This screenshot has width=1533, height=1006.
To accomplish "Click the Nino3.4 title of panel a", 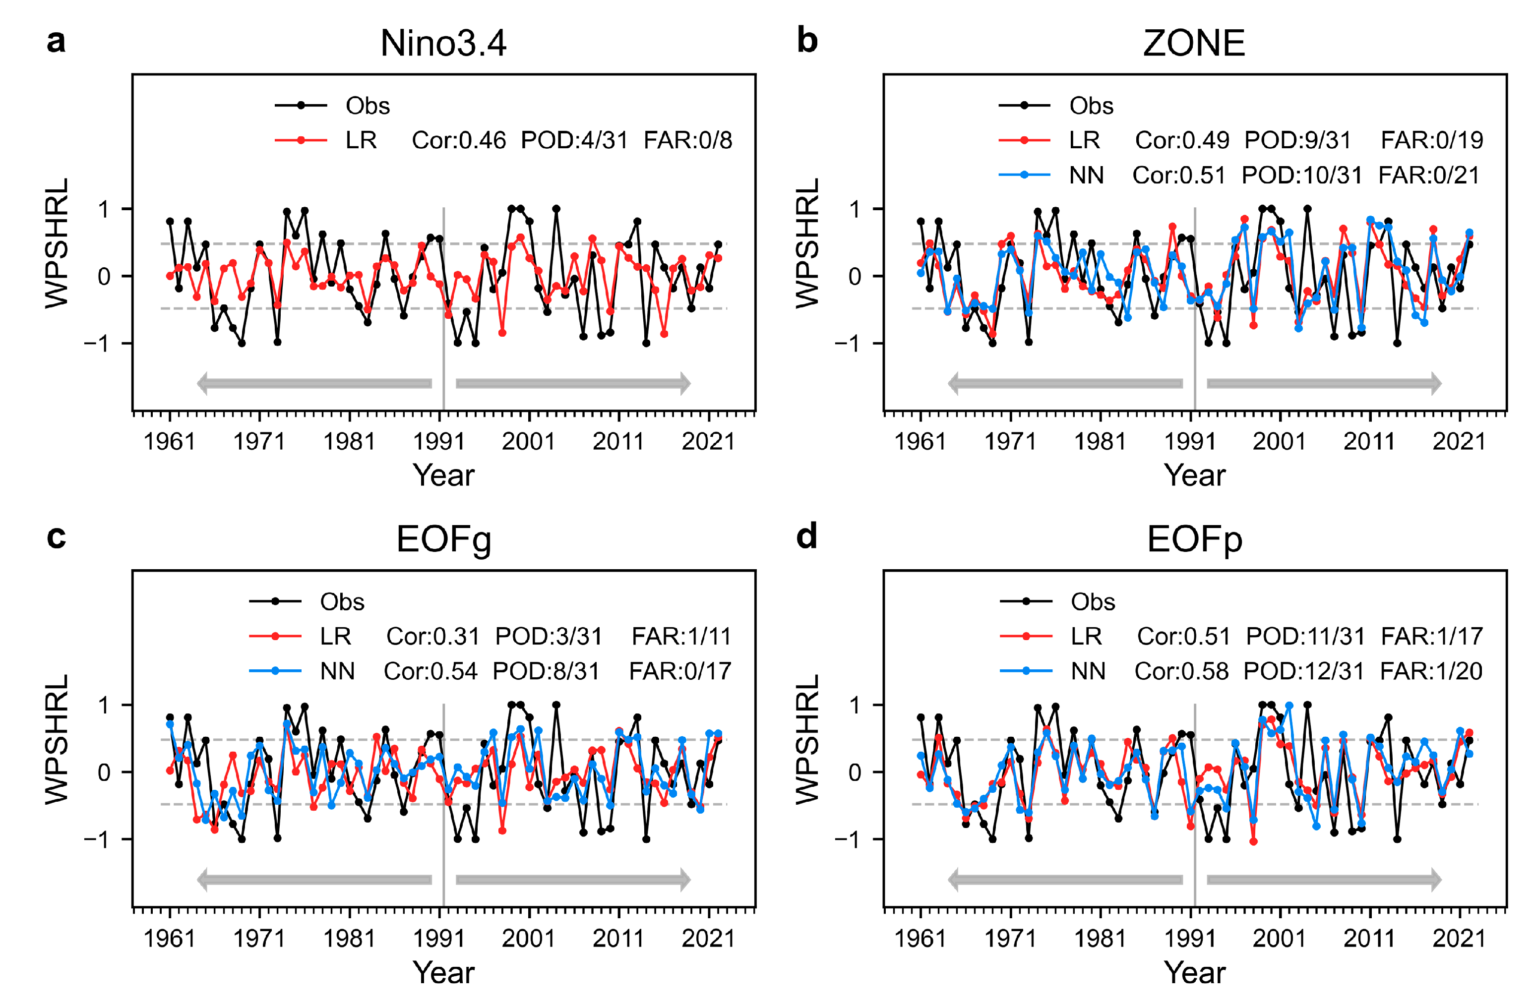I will coord(443,44).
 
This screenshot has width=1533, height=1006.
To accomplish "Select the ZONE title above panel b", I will coord(1194,44).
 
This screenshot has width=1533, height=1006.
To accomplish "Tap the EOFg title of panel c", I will coord(443,540).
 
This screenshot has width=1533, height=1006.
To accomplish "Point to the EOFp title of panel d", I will coord(1194,540).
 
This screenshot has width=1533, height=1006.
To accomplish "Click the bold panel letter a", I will coord(56,41).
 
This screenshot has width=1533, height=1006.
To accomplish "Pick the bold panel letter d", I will coord(806,536).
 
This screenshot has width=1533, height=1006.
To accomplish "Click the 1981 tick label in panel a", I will coord(349,442).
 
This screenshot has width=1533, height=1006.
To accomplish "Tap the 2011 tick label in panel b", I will coord(1369,442).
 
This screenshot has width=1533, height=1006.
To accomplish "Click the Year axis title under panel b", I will coord(1194,475).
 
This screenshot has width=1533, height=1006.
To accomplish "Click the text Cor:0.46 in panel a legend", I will coord(459,140).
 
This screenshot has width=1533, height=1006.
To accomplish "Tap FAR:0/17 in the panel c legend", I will coord(680,671).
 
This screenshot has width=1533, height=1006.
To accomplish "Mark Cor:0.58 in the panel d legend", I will coord(1181,671).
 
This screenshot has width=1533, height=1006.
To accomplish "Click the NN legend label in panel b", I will coord(1086,175).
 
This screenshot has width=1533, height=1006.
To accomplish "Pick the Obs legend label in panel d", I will coord(1093,601).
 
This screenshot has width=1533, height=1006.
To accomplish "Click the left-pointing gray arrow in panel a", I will coord(314,383).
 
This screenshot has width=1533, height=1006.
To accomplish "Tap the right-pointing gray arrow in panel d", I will coord(1324,879).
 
